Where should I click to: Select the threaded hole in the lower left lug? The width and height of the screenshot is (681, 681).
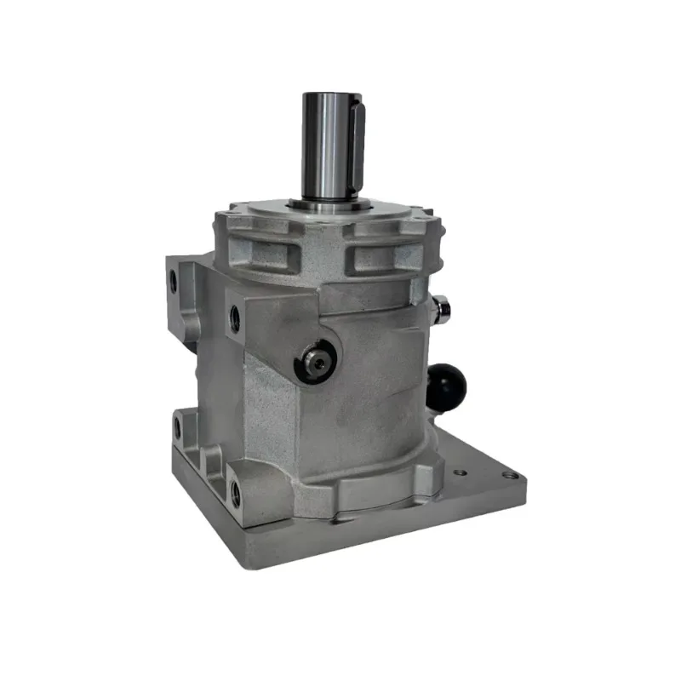coord(179,425)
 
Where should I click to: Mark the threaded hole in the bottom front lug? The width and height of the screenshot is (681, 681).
coord(235,491)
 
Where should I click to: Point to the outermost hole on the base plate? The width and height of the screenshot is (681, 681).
coord(509,475)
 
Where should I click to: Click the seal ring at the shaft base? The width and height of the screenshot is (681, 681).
coord(328,203)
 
